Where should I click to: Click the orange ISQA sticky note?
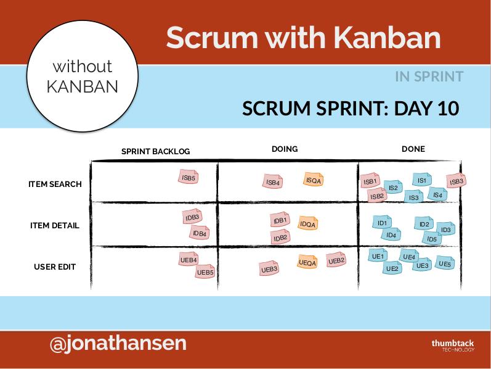pyautogui.click(x=313, y=180)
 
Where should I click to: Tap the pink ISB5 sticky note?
pyautogui.click(x=188, y=177)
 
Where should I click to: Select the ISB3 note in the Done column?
pyautogui.click(x=457, y=181)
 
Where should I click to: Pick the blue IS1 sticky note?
pyautogui.click(x=422, y=180)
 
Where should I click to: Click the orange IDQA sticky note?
pyautogui.click(x=307, y=223)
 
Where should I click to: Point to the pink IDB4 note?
pyautogui.click(x=200, y=233)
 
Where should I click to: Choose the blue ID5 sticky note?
pyautogui.click(x=432, y=238)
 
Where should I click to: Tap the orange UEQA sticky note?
pyautogui.click(x=307, y=262)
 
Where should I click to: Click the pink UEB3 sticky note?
pyautogui.click(x=269, y=268)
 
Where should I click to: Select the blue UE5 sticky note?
pyautogui.click(x=445, y=263)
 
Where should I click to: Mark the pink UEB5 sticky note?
pyautogui.click(x=205, y=272)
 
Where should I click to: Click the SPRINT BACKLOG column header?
pyautogui.click(x=156, y=152)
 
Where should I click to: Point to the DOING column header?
pyautogui.click(x=285, y=149)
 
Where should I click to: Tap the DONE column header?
pyautogui.click(x=413, y=149)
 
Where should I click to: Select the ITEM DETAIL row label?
pyautogui.click(x=55, y=225)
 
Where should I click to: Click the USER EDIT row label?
pyautogui.click(x=55, y=267)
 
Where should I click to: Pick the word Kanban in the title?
pyautogui.click(x=387, y=38)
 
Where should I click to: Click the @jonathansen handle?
pyautogui.click(x=118, y=343)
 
